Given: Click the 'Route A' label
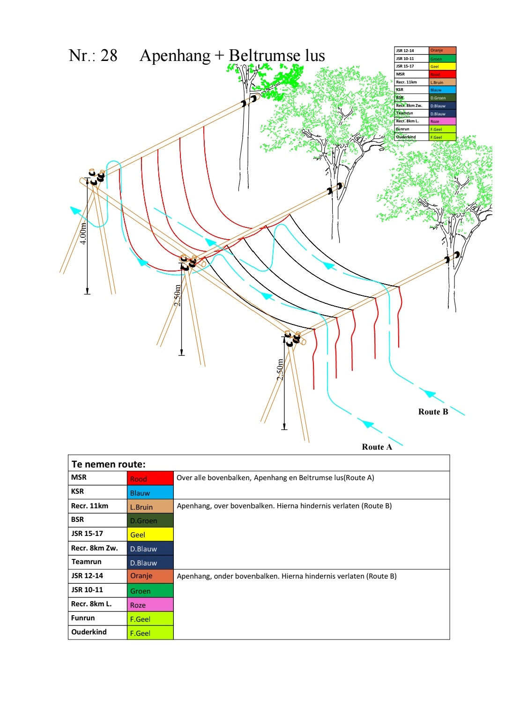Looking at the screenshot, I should (x=377, y=447).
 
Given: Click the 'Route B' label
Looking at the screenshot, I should (x=433, y=412).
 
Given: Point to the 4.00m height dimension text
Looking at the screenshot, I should (x=83, y=234).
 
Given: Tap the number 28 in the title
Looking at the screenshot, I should (x=109, y=55).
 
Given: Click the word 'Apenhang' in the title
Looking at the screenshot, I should (x=175, y=56).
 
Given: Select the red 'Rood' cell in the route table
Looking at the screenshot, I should (x=150, y=478).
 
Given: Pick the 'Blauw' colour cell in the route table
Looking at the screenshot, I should (x=150, y=492).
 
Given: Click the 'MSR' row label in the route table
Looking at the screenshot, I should (x=79, y=477).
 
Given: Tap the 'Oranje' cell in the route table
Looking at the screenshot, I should (x=150, y=576).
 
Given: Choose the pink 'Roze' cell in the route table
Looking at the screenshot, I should (x=150, y=605).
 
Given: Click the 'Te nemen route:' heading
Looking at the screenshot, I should (x=108, y=464).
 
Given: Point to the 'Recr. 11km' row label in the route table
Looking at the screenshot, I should (x=89, y=506).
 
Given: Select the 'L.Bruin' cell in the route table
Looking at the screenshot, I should (x=150, y=507).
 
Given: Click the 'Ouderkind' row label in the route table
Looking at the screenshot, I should (x=89, y=632).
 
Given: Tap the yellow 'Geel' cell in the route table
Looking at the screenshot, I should (x=150, y=535).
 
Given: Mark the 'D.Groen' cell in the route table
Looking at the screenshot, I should (x=150, y=520).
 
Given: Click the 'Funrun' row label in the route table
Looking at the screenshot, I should (x=83, y=618).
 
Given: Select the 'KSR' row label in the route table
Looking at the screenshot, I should (x=77, y=491).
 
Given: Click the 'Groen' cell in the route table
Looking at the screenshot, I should (x=150, y=591).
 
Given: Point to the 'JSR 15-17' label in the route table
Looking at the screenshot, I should (x=87, y=534).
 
